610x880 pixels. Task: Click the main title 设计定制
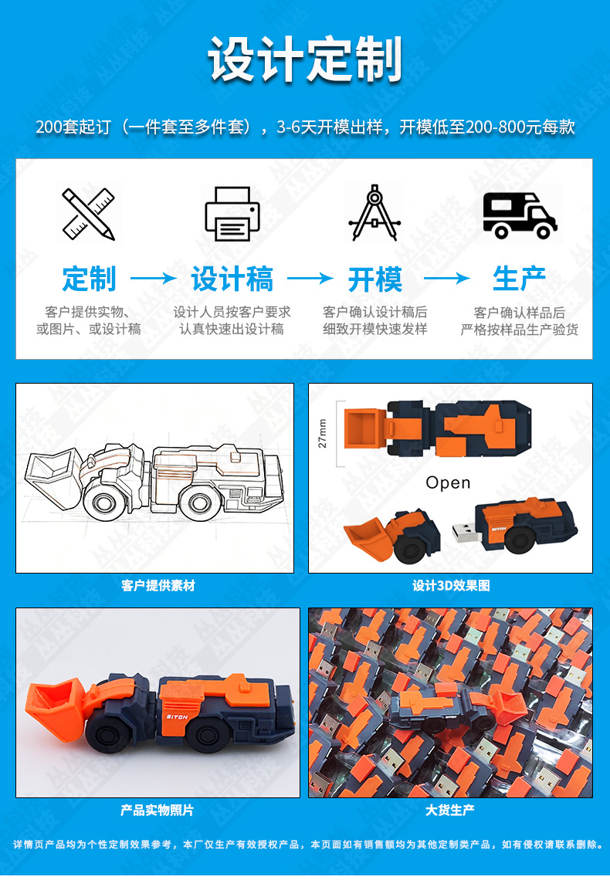[x=305, y=59]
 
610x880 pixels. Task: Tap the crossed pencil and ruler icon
[x=88, y=214]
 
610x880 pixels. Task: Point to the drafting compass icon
[x=374, y=213]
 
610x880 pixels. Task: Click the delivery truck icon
[x=520, y=215]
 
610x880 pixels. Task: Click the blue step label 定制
[x=90, y=279]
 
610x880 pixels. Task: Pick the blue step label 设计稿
[x=232, y=279]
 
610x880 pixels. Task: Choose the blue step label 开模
[x=374, y=279]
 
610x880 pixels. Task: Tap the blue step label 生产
[x=519, y=279]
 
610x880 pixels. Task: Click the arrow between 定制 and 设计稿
[x=153, y=278]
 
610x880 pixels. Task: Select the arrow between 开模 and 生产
[x=447, y=278]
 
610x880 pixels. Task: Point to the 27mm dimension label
[x=322, y=433]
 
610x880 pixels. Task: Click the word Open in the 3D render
[x=448, y=482]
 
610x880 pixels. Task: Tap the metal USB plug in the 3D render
[x=465, y=533]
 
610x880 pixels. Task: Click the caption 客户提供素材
[x=158, y=586]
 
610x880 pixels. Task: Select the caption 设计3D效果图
[x=451, y=586]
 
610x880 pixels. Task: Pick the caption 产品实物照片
[x=157, y=811]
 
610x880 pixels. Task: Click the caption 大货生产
[x=450, y=810]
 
